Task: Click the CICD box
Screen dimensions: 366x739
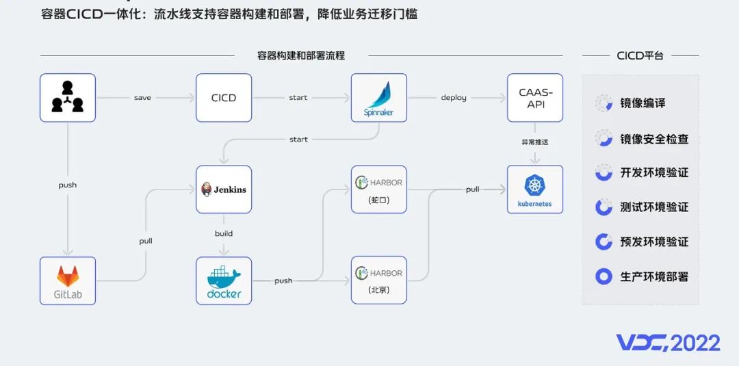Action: pyautogui.click(x=224, y=98)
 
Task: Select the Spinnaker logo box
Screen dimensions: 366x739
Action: pyautogui.click(x=378, y=98)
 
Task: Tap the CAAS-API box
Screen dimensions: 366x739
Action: pyautogui.click(x=535, y=98)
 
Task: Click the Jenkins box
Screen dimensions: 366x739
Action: pyautogui.click(x=224, y=189)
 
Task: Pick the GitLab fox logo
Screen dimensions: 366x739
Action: pyautogui.click(x=67, y=276)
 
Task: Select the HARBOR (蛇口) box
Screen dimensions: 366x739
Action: pyautogui.click(x=378, y=189)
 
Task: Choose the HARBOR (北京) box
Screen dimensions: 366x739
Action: pyautogui.click(x=378, y=280)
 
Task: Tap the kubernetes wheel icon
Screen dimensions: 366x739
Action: pyautogui.click(x=534, y=185)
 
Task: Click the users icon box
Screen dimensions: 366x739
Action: pyautogui.click(x=67, y=98)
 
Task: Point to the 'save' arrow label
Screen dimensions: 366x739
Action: pyautogui.click(x=142, y=98)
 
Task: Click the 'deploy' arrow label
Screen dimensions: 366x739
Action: pyautogui.click(x=454, y=98)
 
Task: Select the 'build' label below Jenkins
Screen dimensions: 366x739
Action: pyautogui.click(x=224, y=233)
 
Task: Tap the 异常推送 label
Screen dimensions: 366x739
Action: pyautogui.click(x=535, y=142)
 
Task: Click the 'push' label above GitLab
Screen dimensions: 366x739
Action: pyautogui.click(x=67, y=185)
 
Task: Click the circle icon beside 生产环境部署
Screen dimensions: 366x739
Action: pyautogui.click(x=604, y=276)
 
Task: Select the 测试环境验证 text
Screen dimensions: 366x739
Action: pyautogui.click(x=653, y=207)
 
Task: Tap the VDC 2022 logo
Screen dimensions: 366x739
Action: pyautogui.click(x=668, y=343)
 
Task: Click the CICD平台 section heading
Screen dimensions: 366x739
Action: pyautogui.click(x=640, y=56)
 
